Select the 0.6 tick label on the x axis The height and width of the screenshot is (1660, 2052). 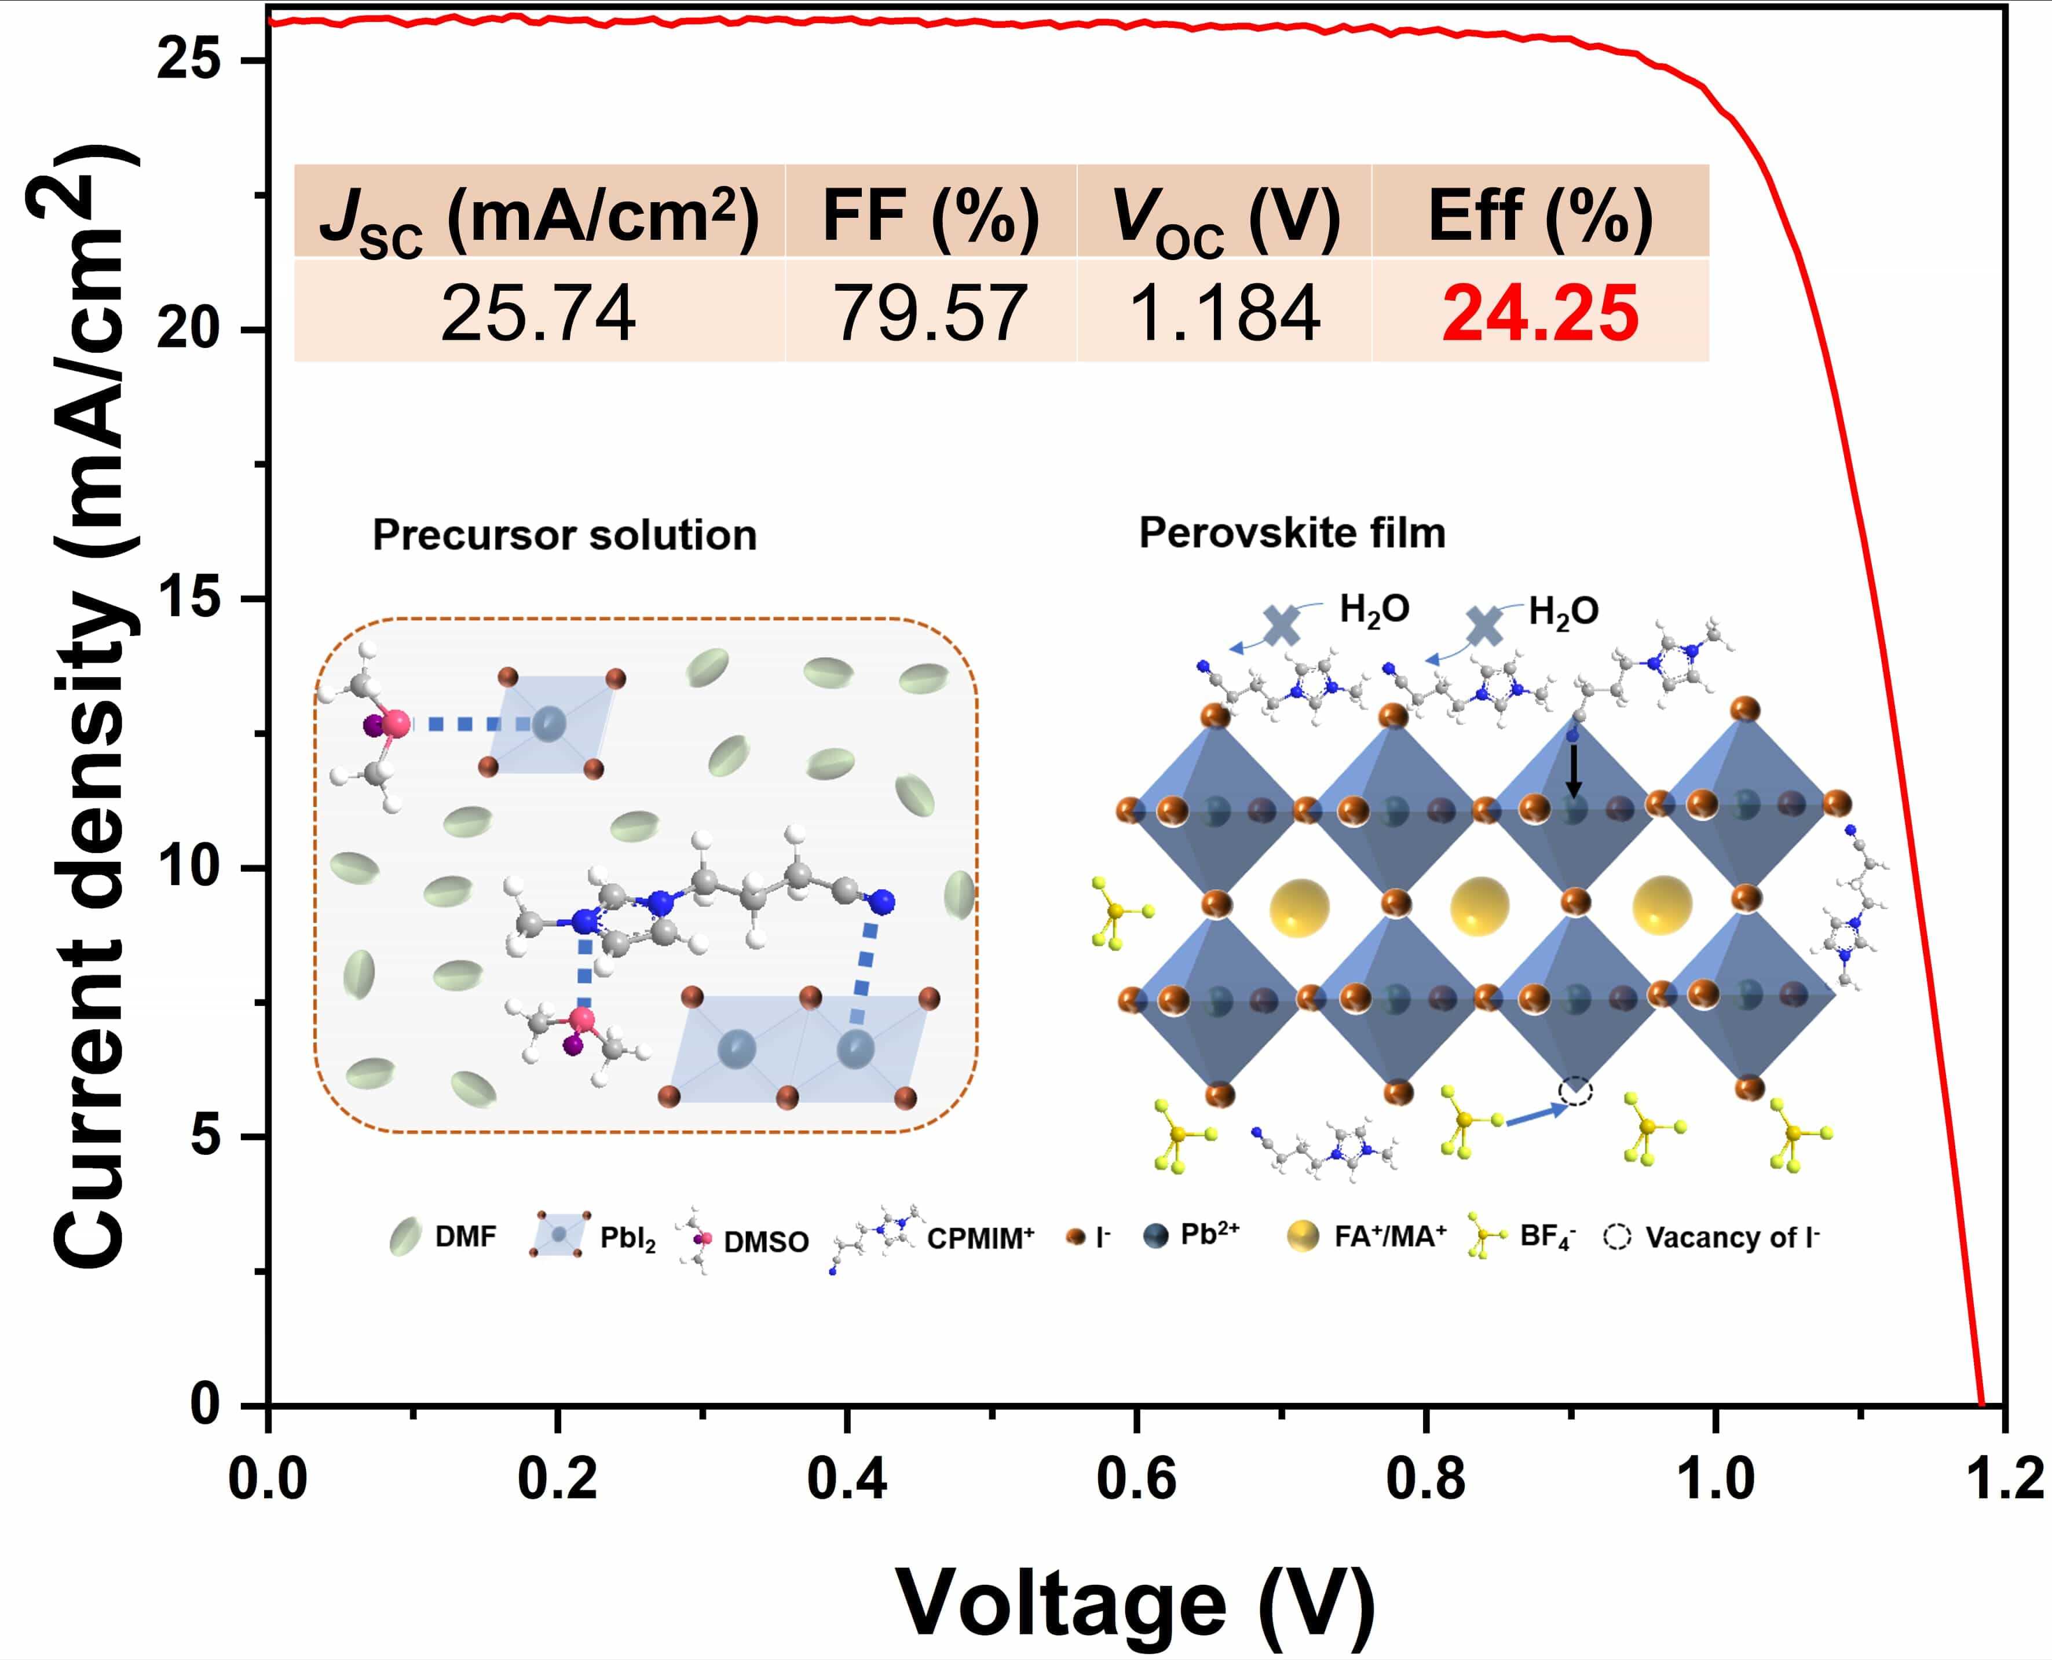[1135, 1478]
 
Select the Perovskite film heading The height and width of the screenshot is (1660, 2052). [1292, 533]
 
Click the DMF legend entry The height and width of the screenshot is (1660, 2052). [464, 1237]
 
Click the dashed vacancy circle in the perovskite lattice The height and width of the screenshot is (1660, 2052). [1575, 1091]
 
